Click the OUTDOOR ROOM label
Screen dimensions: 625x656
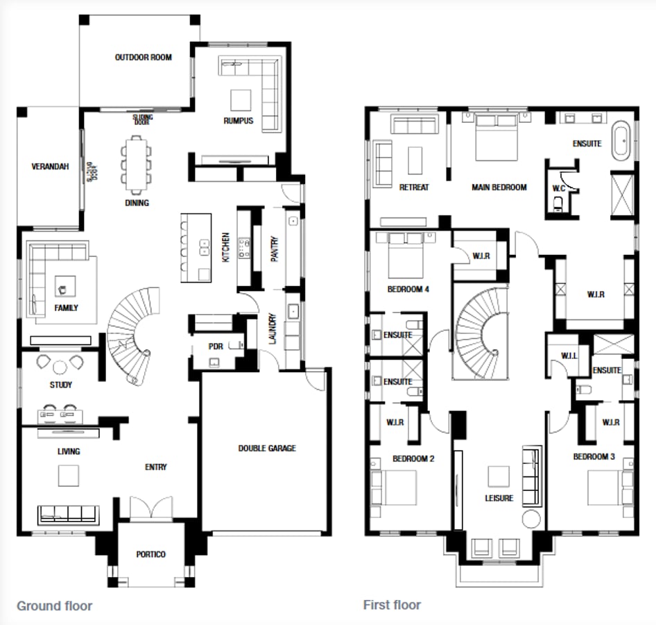143,57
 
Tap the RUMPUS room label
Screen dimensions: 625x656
238,121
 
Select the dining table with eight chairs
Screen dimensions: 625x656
135,164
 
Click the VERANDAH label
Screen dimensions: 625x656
50,167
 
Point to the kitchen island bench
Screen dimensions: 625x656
196,247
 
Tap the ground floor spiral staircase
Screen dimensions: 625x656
132,334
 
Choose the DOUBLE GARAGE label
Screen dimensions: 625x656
267,449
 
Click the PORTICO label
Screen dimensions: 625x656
150,554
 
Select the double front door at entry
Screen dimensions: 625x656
151,508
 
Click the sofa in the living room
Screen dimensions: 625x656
67,513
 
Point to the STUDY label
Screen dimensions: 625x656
61,385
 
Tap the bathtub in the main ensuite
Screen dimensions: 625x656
621,142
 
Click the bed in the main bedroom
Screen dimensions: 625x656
496,137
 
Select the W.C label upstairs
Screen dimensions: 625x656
559,187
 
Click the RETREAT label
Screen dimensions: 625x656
414,187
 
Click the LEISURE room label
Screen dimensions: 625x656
499,498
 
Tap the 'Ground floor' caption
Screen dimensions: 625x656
54,606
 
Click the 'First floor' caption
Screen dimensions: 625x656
392,605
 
